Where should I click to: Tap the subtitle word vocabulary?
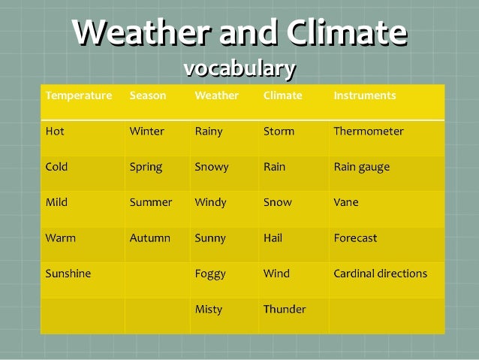[x=239, y=68]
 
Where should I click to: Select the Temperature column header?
[x=78, y=95]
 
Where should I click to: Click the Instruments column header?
[x=364, y=95]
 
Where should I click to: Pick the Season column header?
[x=148, y=95]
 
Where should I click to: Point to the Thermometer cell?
[x=368, y=132]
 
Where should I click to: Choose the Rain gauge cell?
[x=361, y=167]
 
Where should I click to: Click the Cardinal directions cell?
[x=380, y=274]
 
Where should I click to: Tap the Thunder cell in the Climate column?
[x=285, y=309]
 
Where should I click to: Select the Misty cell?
[x=208, y=309]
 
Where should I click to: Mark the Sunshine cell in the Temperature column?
[x=68, y=274]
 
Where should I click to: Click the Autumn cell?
[x=149, y=238]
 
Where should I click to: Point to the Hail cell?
[x=273, y=238]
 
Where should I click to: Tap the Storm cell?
[x=279, y=132]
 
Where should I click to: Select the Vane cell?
[x=346, y=202]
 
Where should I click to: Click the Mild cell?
[x=56, y=202]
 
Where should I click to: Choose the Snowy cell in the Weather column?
[x=211, y=167]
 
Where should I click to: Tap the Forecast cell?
[x=355, y=238]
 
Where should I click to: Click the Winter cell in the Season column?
[x=146, y=132]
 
